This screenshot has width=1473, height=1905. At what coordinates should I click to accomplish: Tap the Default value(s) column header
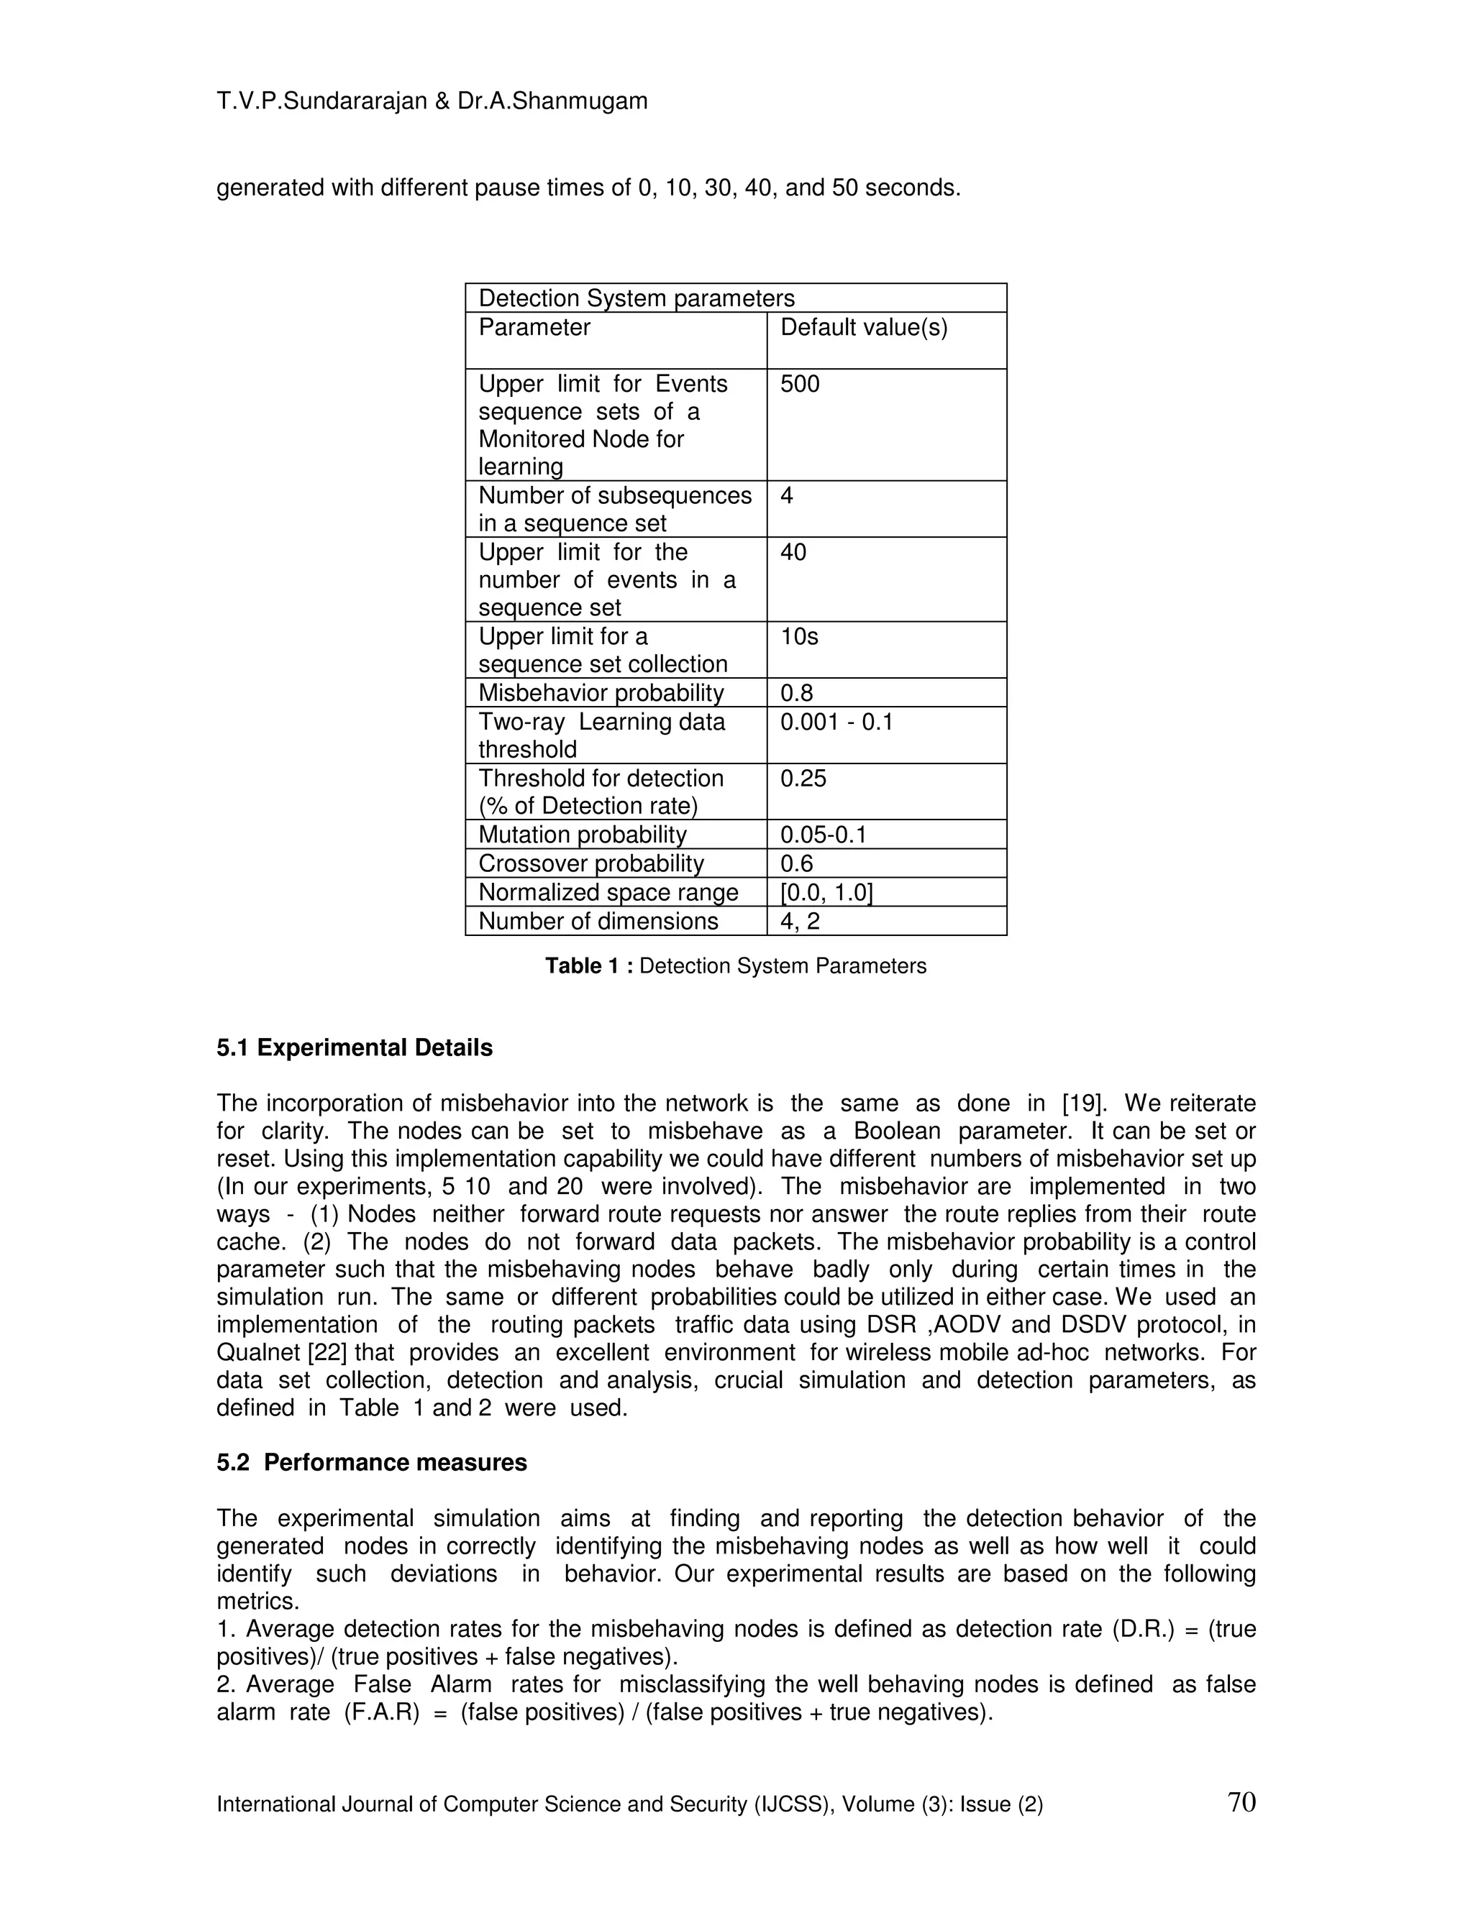tap(863, 328)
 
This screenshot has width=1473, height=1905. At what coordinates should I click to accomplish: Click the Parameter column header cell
tap(534, 328)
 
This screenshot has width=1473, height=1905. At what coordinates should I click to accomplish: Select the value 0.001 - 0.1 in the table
tap(836, 722)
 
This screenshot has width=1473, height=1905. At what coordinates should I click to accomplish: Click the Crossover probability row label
tap(590, 863)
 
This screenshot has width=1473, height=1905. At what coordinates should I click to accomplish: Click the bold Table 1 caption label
tap(590, 965)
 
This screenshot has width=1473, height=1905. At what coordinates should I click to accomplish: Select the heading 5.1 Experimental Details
tap(355, 1047)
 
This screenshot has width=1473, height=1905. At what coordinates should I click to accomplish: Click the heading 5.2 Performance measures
tap(372, 1463)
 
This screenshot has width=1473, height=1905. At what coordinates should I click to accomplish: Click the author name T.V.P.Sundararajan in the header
tap(321, 101)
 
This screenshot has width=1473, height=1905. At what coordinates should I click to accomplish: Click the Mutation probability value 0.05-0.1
tap(823, 835)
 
